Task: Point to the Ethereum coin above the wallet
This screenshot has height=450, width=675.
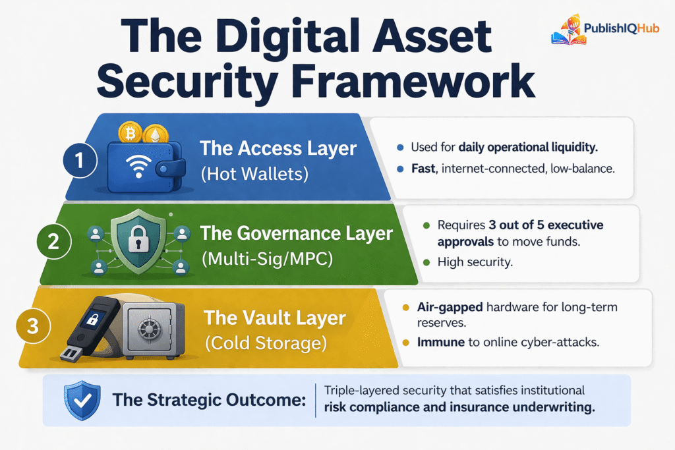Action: [x=156, y=136]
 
